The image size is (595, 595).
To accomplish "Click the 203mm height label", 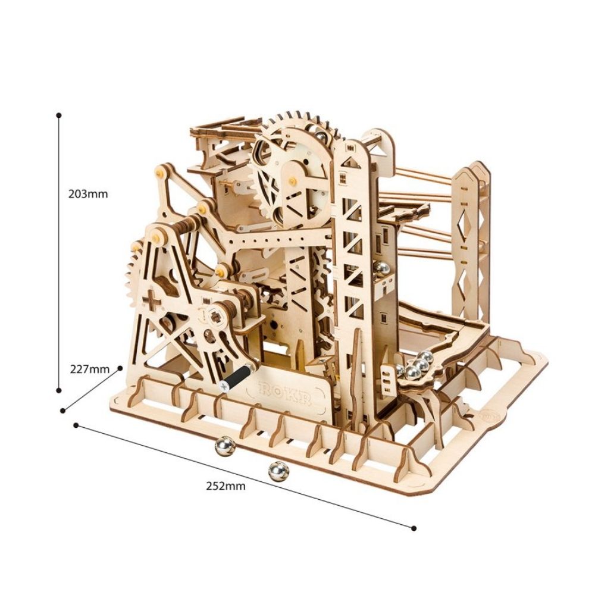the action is pyautogui.click(x=88, y=194).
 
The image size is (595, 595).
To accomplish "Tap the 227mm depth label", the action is pyautogui.click(x=90, y=368).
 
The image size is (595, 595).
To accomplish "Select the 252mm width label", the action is pyautogui.click(x=226, y=486).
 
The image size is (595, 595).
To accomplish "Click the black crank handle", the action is pyautogui.click(x=236, y=377).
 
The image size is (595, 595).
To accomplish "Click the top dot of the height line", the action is pyautogui.click(x=59, y=115).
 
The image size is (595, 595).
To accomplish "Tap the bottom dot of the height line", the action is pyautogui.click(x=59, y=390).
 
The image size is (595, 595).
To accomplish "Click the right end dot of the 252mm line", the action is pyautogui.click(x=414, y=528).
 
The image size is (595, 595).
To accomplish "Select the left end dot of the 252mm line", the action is pyautogui.click(x=76, y=425).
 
